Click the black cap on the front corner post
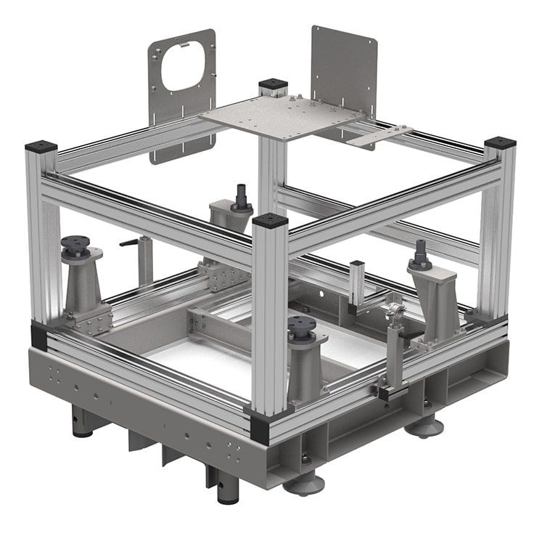click(x=271, y=220)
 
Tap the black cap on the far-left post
click(x=41, y=147)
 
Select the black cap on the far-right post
click(x=500, y=142)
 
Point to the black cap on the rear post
click(x=273, y=84)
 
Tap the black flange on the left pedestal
click(x=76, y=243)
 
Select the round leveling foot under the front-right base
click(x=303, y=482)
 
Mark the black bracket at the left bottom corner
click(x=38, y=336)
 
